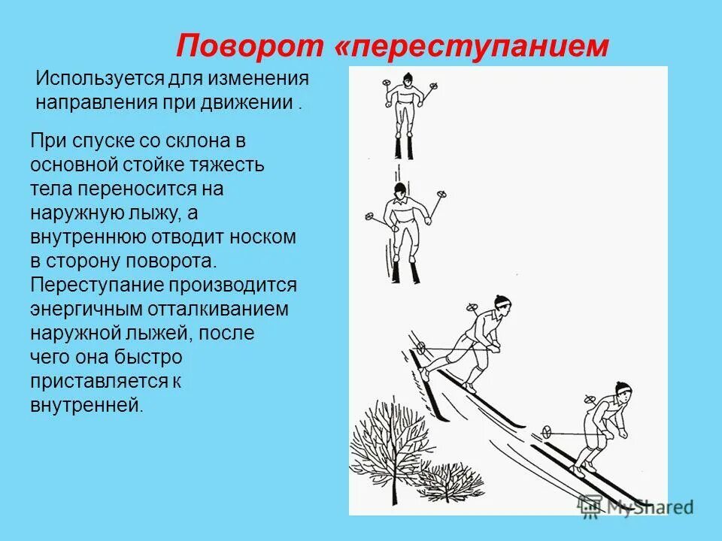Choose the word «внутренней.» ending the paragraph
click(x=86, y=405)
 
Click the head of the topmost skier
click(x=406, y=79)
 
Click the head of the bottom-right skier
click(x=621, y=391)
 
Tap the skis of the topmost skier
click(x=404, y=147)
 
